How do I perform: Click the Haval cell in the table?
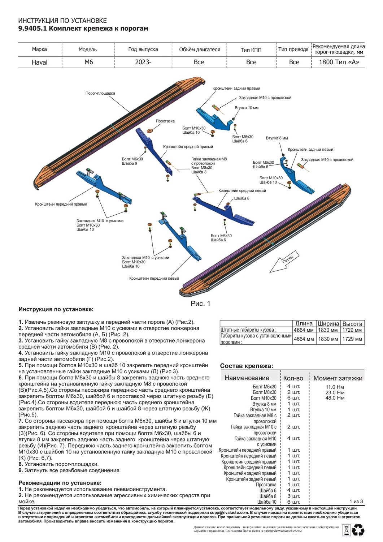(39, 62)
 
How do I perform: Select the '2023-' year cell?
(143, 62)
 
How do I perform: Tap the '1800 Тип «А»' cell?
(339, 62)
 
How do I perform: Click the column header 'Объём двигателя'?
(199, 50)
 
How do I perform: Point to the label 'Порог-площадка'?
(100, 93)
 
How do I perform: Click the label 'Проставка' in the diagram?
(165, 121)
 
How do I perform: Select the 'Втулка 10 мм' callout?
(247, 108)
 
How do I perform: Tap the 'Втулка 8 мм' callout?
(277, 138)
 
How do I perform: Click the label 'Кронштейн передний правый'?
(61, 204)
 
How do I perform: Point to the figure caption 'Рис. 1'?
(200, 304)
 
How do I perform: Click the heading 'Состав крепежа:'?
(247, 366)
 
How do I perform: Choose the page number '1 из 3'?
(356, 501)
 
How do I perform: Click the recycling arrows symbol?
(358, 530)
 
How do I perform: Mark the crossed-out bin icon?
(345, 530)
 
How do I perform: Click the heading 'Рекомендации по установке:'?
(60, 483)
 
